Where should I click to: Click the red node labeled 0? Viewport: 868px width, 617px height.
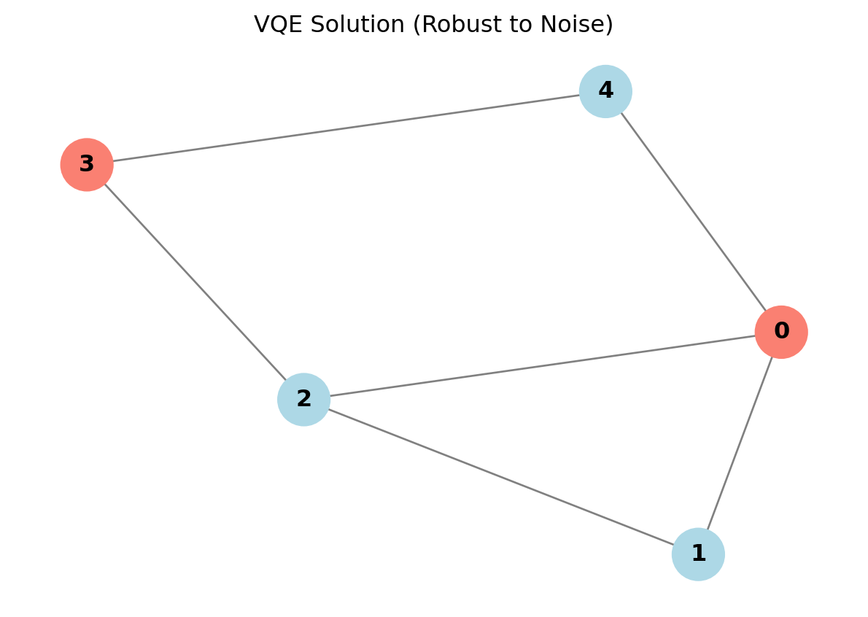click(780, 332)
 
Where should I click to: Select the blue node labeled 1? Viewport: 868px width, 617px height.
click(698, 554)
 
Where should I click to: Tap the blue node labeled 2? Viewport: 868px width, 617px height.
click(303, 400)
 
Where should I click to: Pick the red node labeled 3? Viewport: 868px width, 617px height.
click(87, 165)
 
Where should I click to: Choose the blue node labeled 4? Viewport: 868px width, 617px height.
click(605, 91)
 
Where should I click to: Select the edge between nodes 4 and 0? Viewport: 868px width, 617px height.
click(693, 212)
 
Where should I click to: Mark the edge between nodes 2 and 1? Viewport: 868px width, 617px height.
click(500, 477)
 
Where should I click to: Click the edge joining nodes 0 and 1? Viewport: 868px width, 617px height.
click(740, 443)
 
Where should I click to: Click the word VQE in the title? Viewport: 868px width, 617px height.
click(276, 25)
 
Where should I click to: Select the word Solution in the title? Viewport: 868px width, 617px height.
click(346, 25)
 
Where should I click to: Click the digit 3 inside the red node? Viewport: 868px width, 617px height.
click(87, 165)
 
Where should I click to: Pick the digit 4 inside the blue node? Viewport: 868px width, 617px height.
click(605, 91)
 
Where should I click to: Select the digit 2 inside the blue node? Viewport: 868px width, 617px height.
click(303, 400)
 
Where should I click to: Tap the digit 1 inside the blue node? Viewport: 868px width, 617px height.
click(698, 554)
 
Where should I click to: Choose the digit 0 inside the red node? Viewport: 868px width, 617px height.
click(780, 332)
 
